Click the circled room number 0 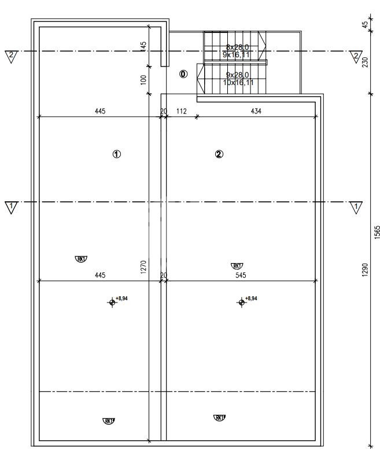coord(183,74)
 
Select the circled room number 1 coord(116,154)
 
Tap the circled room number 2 coord(219,154)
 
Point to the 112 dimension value coord(181,111)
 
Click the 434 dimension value coord(255,111)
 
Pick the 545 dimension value coord(241,275)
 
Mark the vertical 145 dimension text coord(144,46)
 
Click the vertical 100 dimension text coord(144,79)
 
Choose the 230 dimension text coord(364,62)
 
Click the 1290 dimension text coord(364,270)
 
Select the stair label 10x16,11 coord(238,83)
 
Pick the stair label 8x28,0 coord(237,47)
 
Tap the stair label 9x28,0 coord(237,75)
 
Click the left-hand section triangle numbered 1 coord(11,207)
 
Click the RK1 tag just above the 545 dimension coord(237,266)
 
